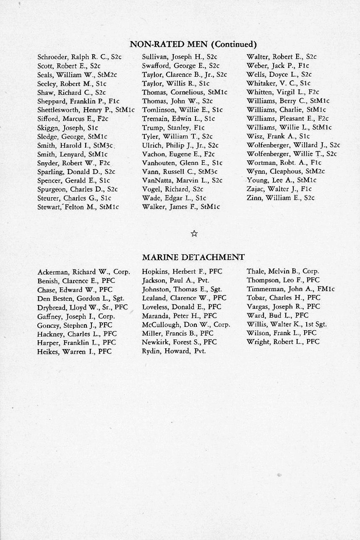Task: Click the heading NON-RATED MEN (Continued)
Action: point(193,44)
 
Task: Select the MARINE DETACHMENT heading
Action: point(193,257)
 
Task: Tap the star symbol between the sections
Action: point(194,234)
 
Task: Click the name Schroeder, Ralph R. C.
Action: point(79,57)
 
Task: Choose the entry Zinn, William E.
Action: point(280,198)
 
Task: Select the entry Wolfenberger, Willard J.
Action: point(293,145)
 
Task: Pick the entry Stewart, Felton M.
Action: point(78,206)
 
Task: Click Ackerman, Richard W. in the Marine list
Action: point(83,271)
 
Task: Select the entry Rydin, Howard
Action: point(174,351)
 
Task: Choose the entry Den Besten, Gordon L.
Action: point(80,298)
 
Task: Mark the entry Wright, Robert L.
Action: point(283,342)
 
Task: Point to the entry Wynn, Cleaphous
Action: point(286,171)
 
